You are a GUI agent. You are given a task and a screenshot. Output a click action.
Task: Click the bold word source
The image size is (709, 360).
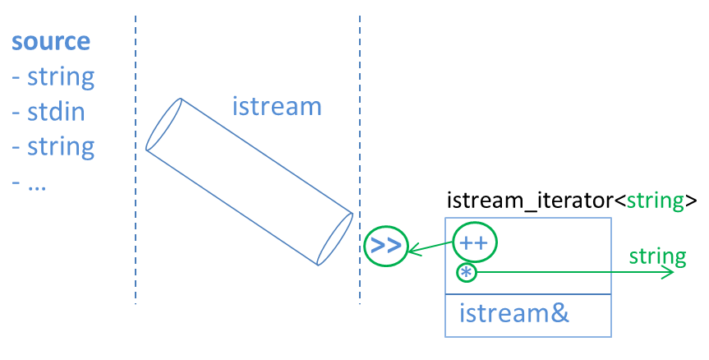pos(51,43)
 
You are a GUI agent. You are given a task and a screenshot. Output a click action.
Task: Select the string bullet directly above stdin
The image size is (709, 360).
pos(53,77)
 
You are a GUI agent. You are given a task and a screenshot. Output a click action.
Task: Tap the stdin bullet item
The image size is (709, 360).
pos(48,112)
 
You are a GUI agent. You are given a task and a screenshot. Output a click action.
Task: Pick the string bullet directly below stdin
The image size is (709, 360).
pos(53,147)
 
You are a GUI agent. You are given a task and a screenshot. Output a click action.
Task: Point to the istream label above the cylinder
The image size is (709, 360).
pos(276,107)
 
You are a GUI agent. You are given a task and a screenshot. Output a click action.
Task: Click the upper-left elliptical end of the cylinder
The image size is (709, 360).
pos(163,125)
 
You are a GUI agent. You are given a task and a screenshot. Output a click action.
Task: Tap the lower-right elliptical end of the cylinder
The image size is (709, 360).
pos(335,239)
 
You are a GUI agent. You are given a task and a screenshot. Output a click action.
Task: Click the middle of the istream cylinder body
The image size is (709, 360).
pos(250,182)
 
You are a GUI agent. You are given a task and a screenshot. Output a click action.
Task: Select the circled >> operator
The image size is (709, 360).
pos(385,245)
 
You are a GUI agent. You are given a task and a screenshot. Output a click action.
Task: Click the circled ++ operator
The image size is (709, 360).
pos(476,243)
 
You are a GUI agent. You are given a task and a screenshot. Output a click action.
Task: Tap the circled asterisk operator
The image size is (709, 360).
pos(466,272)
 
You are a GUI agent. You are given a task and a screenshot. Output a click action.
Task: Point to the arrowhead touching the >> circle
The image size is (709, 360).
pos(413,247)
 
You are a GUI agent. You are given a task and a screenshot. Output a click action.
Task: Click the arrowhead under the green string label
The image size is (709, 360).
pos(667,272)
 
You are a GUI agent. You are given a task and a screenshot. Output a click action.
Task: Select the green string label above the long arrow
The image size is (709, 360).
pos(657,256)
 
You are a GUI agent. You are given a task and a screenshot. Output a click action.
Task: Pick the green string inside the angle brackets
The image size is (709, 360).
pos(656,201)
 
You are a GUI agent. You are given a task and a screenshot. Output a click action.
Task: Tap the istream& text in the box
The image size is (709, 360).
pos(513,313)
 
